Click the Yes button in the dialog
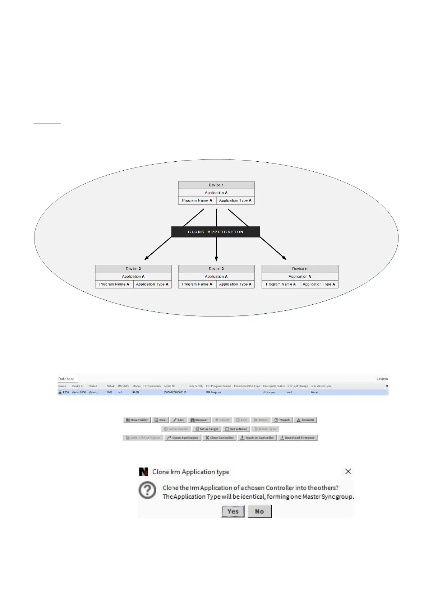(x=233, y=511)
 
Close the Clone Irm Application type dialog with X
(x=348, y=471)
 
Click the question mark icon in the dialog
(x=147, y=490)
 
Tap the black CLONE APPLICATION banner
(x=216, y=232)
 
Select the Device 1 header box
(x=216, y=185)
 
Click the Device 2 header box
(x=133, y=269)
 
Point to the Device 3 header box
(x=216, y=269)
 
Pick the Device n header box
(x=300, y=269)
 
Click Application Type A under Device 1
(x=235, y=200)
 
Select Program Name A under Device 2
(x=114, y=284)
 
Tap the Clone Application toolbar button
(x=183, y=438)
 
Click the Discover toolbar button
(x=199, y=420)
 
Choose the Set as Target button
(x=207, y=429)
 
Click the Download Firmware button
(x=297, y=438)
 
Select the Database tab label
(x=66, y=379)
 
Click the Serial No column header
(x=170, y=386)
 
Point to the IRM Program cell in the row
(x=213, y=392)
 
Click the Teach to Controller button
(x=257, y=438)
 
